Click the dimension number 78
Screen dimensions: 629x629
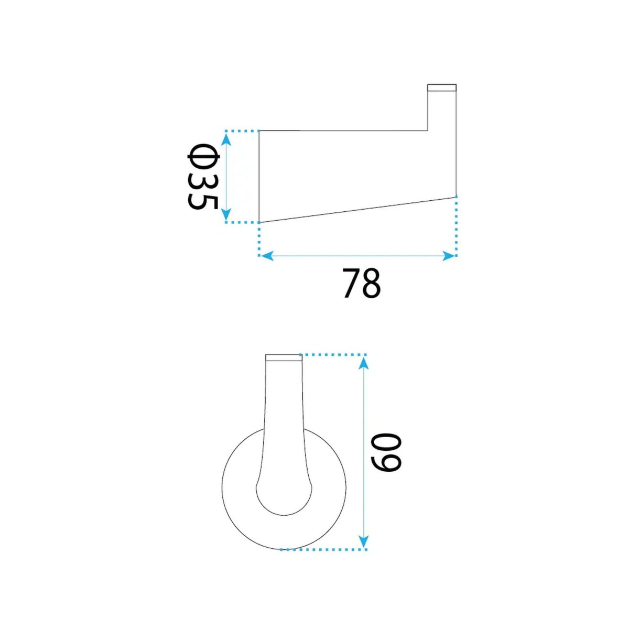coord(362,283)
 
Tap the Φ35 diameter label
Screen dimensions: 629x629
coord(202,177)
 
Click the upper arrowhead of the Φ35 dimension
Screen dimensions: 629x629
coord(226,138)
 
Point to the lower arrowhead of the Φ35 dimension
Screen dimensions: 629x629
coord(226,214)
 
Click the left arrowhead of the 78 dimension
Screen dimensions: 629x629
coord(267,256)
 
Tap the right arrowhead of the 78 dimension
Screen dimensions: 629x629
coord(448,256)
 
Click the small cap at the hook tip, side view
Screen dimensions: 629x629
coord(442,88)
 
